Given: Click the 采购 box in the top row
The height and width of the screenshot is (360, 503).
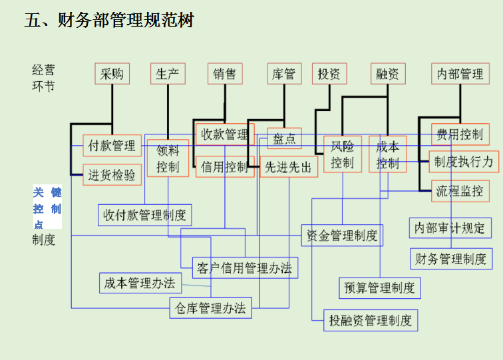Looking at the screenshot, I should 112,74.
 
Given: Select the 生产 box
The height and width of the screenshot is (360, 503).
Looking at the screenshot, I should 168,74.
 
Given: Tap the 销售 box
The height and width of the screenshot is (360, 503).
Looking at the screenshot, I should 225,74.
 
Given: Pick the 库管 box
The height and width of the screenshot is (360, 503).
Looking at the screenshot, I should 284,74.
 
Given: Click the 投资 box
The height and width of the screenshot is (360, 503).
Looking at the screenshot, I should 329,74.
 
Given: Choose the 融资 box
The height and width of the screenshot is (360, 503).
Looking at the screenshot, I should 387,74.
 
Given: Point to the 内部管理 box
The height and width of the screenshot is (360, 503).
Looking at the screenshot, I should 460,74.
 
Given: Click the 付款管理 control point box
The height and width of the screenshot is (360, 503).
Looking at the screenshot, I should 112,146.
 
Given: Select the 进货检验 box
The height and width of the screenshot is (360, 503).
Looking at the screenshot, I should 112,175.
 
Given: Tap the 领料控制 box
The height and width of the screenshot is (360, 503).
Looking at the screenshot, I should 168,159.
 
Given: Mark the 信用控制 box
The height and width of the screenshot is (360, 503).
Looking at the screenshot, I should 224,166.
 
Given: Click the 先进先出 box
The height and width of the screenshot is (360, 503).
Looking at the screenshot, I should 288,167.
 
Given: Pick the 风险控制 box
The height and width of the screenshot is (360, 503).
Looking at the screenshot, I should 343,154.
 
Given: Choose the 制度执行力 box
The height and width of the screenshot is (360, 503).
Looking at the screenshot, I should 464,162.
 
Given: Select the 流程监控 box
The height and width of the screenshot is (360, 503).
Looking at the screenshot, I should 460,191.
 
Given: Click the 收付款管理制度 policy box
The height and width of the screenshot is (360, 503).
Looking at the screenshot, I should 144,215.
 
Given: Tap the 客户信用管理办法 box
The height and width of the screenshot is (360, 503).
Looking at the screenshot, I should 245,268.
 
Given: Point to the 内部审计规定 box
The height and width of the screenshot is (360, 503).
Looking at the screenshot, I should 450,228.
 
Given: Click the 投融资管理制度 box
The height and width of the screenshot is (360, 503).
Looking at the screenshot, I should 371,320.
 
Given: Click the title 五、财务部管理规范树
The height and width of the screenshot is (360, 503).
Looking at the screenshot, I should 109,21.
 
